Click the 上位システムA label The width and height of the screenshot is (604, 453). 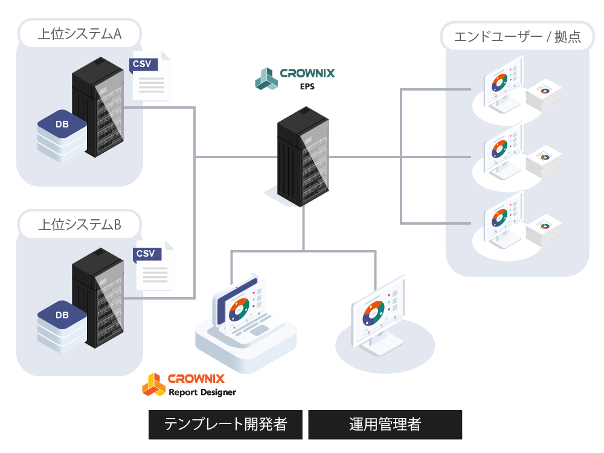point(79,34)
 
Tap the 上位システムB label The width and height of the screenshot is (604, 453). point(79,225)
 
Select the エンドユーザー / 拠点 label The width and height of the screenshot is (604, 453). point(516,37)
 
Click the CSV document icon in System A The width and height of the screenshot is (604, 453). point(150,77)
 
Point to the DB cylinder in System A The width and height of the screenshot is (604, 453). point(62,136)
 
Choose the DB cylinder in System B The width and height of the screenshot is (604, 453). point(62,326)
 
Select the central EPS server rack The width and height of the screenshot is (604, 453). point(303,155)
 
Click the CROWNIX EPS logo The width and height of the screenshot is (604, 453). point(295,78)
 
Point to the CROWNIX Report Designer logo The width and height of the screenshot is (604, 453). point(188,385)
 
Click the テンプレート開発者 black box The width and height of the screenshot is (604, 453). point(226,425)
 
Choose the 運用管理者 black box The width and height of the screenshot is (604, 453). point(385,425)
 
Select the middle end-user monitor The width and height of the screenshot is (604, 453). point(503,151)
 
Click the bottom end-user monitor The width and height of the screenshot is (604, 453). point(503,220)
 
